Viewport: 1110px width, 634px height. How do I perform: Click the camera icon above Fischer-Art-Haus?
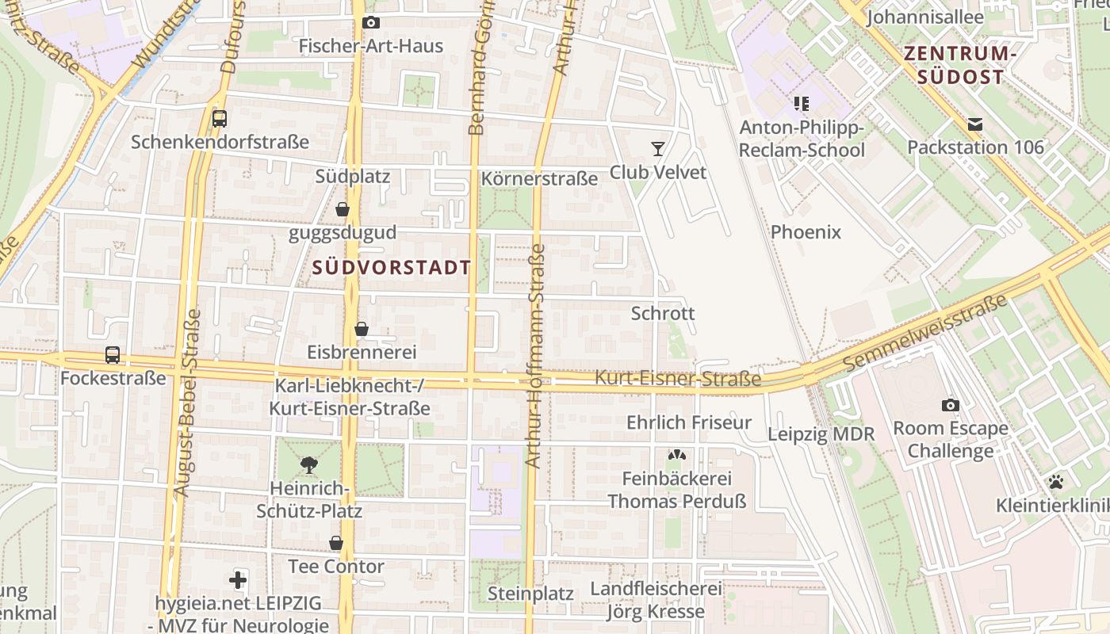point(370,23)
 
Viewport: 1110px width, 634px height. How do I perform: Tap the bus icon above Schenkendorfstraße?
point(220,119)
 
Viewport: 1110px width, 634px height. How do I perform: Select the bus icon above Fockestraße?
point(113,355)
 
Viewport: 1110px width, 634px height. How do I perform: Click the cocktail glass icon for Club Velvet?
point(657,148)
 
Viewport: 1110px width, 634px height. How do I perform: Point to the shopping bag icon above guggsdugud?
point(343,209)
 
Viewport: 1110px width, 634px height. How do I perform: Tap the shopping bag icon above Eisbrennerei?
point(362,329)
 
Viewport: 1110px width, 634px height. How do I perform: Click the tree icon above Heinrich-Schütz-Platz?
point(309,464)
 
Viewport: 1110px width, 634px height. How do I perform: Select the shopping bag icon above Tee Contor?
point(336,543)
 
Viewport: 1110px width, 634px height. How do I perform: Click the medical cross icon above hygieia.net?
point(238,580)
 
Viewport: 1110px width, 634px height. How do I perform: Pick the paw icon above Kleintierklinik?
point(1055,481)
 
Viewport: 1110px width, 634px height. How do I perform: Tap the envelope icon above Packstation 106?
point(974,124)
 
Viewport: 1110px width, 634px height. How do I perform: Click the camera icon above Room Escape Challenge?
point(950,406)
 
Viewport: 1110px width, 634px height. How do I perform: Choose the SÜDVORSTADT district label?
point(392,267)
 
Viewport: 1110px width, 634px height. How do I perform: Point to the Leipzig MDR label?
point(821,434)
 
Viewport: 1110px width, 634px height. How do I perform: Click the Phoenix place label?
point(806,232)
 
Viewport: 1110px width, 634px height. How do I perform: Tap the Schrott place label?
point(663,313)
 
